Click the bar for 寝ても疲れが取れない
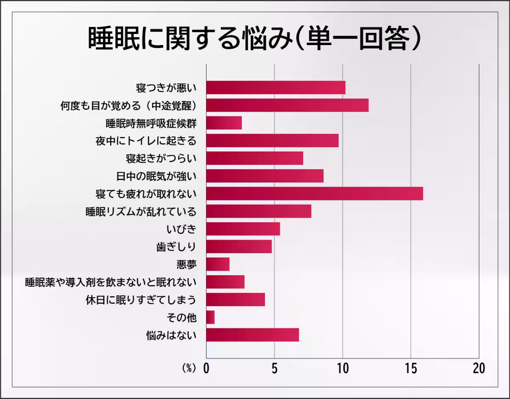314,194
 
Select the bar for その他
210,317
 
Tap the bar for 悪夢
218,264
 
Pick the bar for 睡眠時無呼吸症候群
224,123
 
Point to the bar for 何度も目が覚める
287,105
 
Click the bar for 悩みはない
252,335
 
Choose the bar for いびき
243,229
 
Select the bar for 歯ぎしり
239,247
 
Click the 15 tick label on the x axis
411,368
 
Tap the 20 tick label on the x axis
479,368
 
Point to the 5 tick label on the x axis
275,368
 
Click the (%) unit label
189,368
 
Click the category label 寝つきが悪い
166,88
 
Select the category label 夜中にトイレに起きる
146,140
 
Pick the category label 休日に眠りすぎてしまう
141,300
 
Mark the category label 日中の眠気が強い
156,176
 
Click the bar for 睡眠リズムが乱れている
258,211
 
